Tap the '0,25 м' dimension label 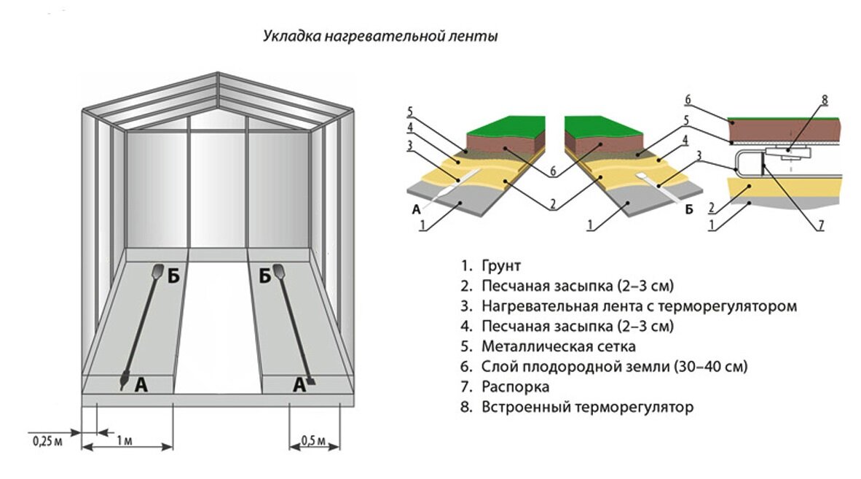[x=46, y=441]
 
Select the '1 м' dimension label [x=125, y=441]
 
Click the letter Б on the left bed [x=173, y=276]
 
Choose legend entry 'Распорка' [x=515, y=386]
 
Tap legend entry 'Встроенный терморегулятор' [x=587, y=407]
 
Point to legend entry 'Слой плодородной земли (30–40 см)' [x=615, y=366]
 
